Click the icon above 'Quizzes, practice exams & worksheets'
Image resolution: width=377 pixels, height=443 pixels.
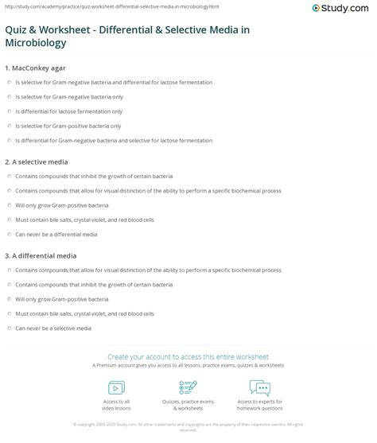pos(188,387)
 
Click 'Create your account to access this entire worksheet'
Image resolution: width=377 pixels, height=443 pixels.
pos(188,356)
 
